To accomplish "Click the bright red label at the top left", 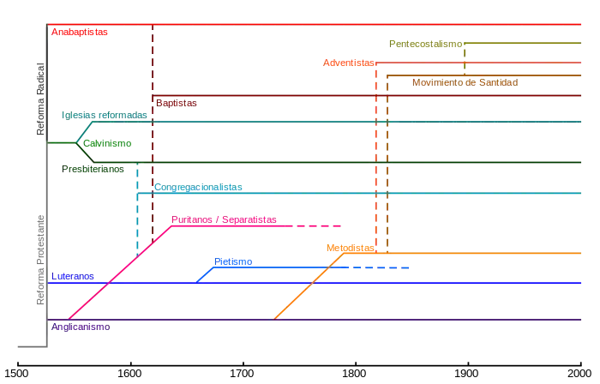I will (80, 33).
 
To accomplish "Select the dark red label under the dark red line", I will (177, 104).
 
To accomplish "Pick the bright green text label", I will (108, 144).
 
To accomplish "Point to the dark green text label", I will (93, 170).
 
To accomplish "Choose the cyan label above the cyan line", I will (199, 188).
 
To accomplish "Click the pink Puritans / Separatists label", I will (225, 219).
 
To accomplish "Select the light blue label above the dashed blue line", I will (233, 261).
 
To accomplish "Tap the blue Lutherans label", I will (72, 277).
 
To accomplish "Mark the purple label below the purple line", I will (80, 327).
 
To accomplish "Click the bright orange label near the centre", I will (350, 248).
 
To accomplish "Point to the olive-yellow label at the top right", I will (417, 40).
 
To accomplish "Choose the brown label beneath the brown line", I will (465, 83).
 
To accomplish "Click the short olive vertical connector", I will (464, 60).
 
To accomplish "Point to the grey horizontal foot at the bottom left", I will (30, 346).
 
